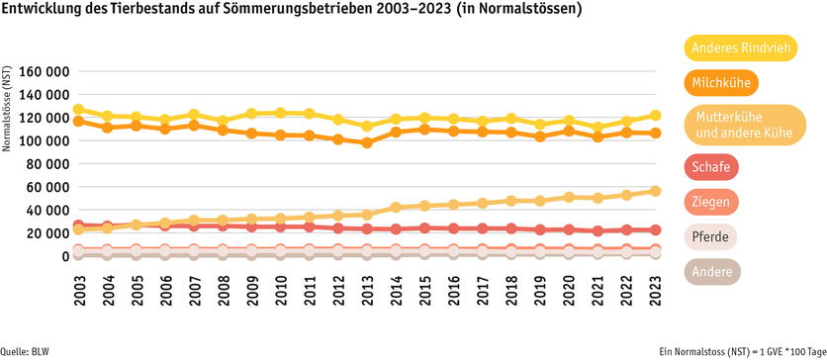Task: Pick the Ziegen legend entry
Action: (711, 202)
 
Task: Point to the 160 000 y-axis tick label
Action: (45, 72)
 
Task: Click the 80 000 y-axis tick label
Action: (47, 164)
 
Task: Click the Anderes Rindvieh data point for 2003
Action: (79, 110)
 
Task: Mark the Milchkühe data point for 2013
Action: (367, 142)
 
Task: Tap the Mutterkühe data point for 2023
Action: (655, 191)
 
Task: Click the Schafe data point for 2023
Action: (655, 229)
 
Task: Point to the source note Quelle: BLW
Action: (29, 351)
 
